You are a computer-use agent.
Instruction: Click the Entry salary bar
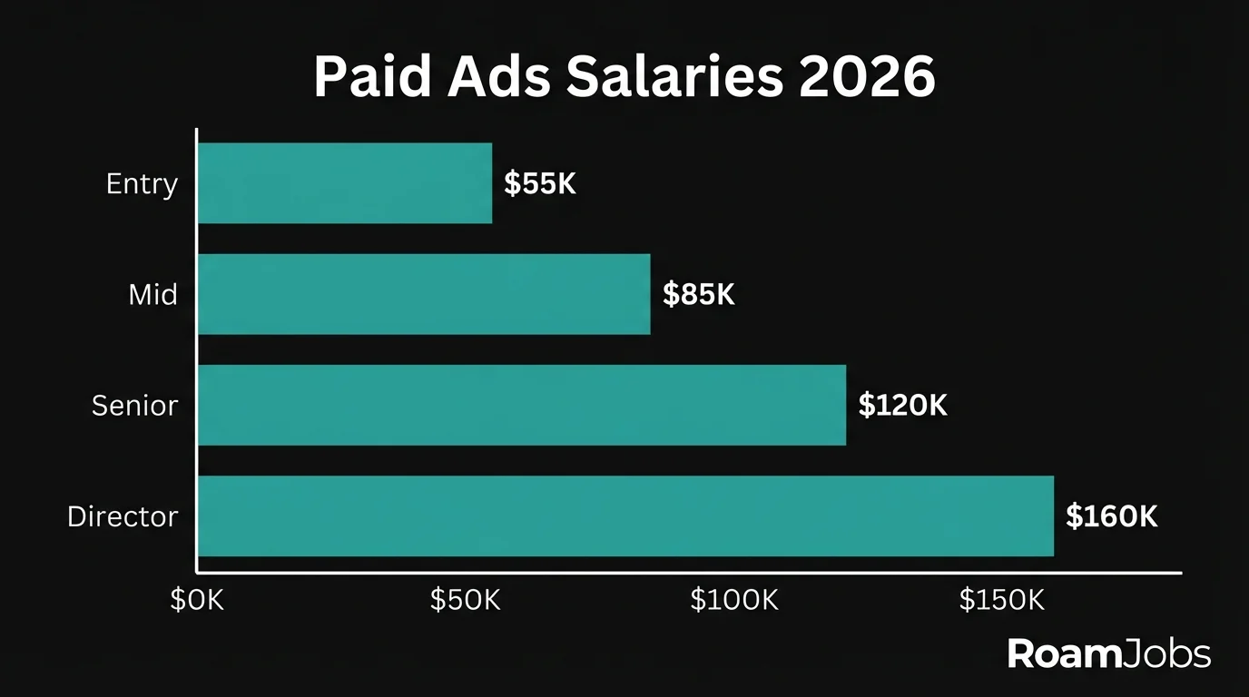345,183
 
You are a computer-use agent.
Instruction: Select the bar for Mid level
424,294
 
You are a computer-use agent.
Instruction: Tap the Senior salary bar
522,405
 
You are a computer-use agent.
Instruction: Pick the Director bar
625,515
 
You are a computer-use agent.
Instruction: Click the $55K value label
540,184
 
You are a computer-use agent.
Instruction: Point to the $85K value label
698,295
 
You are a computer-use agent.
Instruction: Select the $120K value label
902,406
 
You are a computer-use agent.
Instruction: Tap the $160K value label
1112,516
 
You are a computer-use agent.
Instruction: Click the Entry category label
142,184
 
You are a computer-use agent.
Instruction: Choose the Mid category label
152,295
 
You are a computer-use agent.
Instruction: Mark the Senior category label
134,406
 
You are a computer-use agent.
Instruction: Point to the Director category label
123,516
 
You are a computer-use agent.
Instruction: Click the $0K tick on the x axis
197,600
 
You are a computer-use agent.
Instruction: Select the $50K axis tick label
465,600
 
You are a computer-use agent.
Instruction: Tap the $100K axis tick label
733,600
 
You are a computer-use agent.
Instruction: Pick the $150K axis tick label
1001,600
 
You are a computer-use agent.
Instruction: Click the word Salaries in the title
673,78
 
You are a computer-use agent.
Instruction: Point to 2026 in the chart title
868,78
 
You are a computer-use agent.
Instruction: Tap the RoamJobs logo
1109,654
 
